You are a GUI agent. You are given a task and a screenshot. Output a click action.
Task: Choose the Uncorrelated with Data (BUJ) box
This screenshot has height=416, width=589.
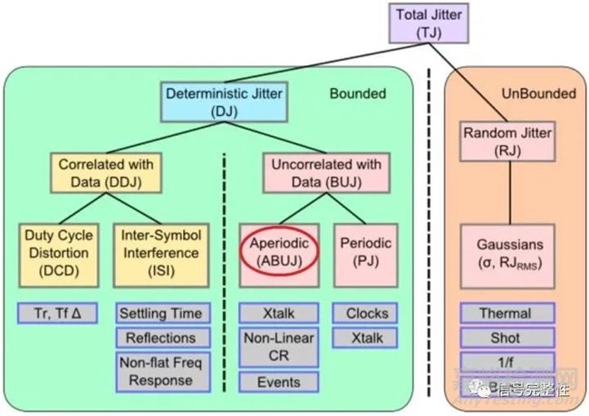point(315,173)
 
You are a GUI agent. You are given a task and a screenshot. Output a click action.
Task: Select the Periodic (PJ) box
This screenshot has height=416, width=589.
point(367,253)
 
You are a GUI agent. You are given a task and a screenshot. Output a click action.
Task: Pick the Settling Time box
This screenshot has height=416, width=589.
point(160,314)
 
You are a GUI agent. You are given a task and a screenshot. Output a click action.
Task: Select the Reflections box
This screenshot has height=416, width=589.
point(160,337)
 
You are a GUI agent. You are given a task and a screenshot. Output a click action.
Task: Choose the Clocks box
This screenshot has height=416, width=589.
point(366,314)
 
